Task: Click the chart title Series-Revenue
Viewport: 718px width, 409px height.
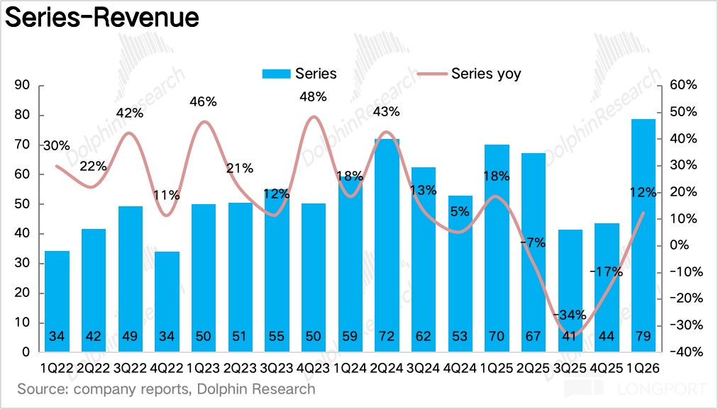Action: [x=101, y=18]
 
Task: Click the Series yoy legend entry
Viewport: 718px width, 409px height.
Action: [x=485, y=74]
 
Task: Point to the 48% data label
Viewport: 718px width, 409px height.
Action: [x=313, y=96]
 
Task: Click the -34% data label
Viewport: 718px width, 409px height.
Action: [x=571, y=315]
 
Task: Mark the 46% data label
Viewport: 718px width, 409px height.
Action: [x=203, y=101]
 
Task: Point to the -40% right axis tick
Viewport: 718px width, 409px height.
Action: [x=684, y=352]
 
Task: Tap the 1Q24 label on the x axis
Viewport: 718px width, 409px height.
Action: [x=350, y=369]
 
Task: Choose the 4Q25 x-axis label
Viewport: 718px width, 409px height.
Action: [x=607, y=369]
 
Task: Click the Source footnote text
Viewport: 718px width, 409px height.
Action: [x=166, y=389]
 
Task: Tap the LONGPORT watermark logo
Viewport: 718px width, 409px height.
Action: [x=635, y=389]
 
